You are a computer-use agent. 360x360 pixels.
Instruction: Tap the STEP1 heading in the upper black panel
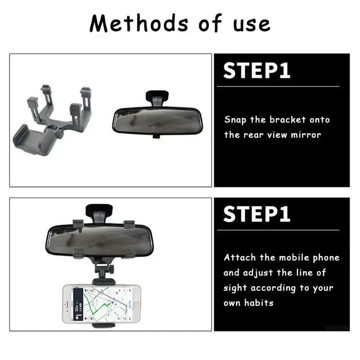coord(257,71)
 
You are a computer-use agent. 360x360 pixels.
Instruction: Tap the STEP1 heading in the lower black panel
coord(257,214)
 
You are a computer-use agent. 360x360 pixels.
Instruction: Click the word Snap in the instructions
coord(235,120)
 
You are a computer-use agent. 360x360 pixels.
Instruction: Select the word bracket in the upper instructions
coord(288,120)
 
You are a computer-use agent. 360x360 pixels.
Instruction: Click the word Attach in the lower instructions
coord(240,258)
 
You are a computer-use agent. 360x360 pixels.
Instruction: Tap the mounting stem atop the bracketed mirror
coord(99,211)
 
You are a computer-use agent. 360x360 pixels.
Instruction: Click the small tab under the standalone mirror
coord(156,135)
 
